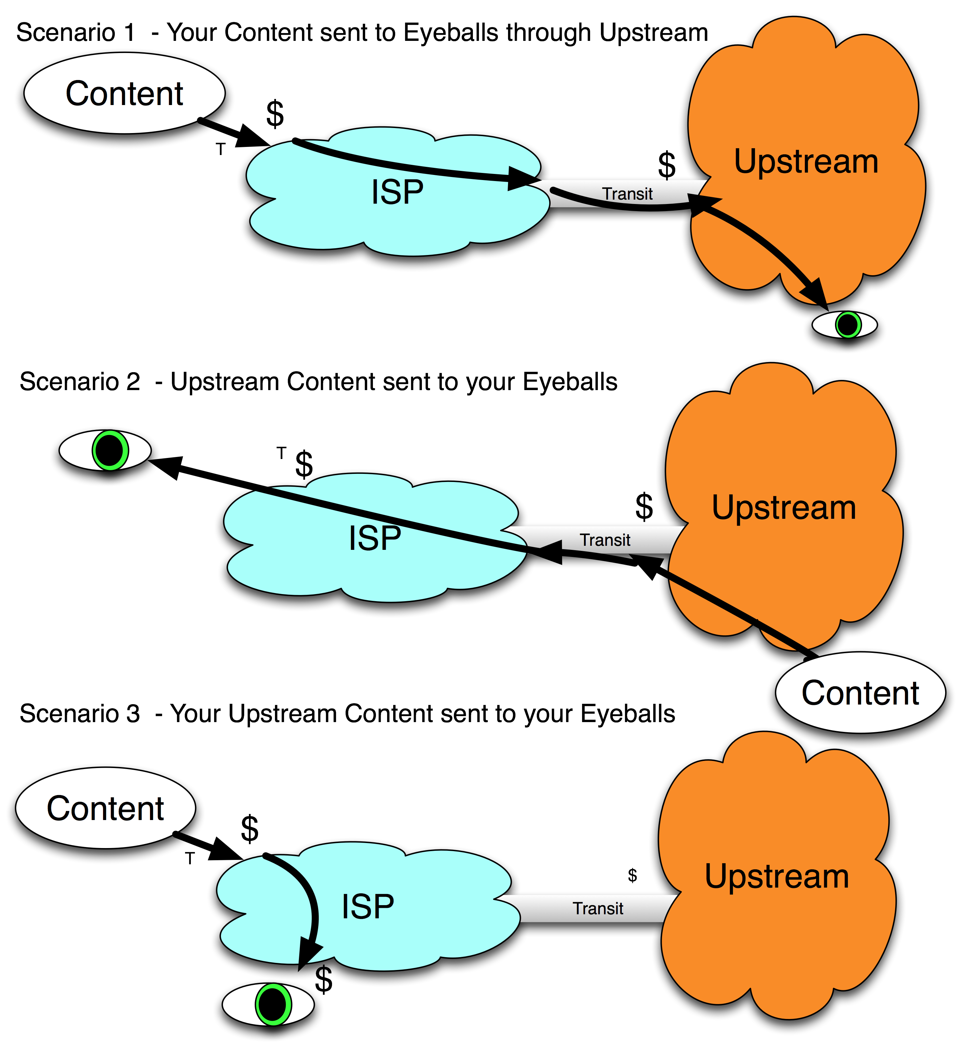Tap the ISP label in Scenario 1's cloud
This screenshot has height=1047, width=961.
[x=397, y=193]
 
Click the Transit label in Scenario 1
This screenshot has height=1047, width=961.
[x=627, y=194]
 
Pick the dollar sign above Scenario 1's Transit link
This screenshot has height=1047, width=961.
[x=667, y=165]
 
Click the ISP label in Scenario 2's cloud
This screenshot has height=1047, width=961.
[x=374, y=539]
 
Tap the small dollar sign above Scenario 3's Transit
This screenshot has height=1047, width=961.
[x=632, y=875]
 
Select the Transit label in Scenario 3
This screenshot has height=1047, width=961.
[x=598, y=909]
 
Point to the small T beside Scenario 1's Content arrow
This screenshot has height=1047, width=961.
[x=221, y=150]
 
